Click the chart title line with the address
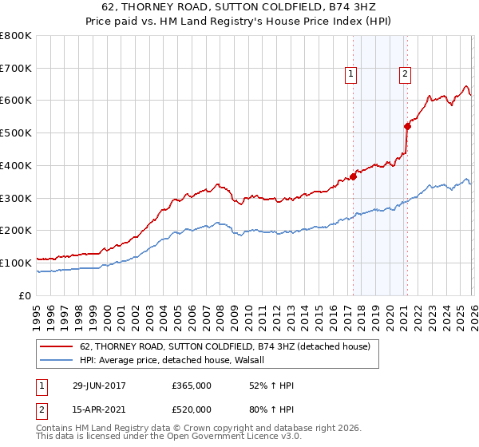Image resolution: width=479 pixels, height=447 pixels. [239, 7]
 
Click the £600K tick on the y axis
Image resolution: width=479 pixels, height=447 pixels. [16, 101]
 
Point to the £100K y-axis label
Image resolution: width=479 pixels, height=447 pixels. [16, 263]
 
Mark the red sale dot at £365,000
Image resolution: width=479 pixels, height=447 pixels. [353, 177]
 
